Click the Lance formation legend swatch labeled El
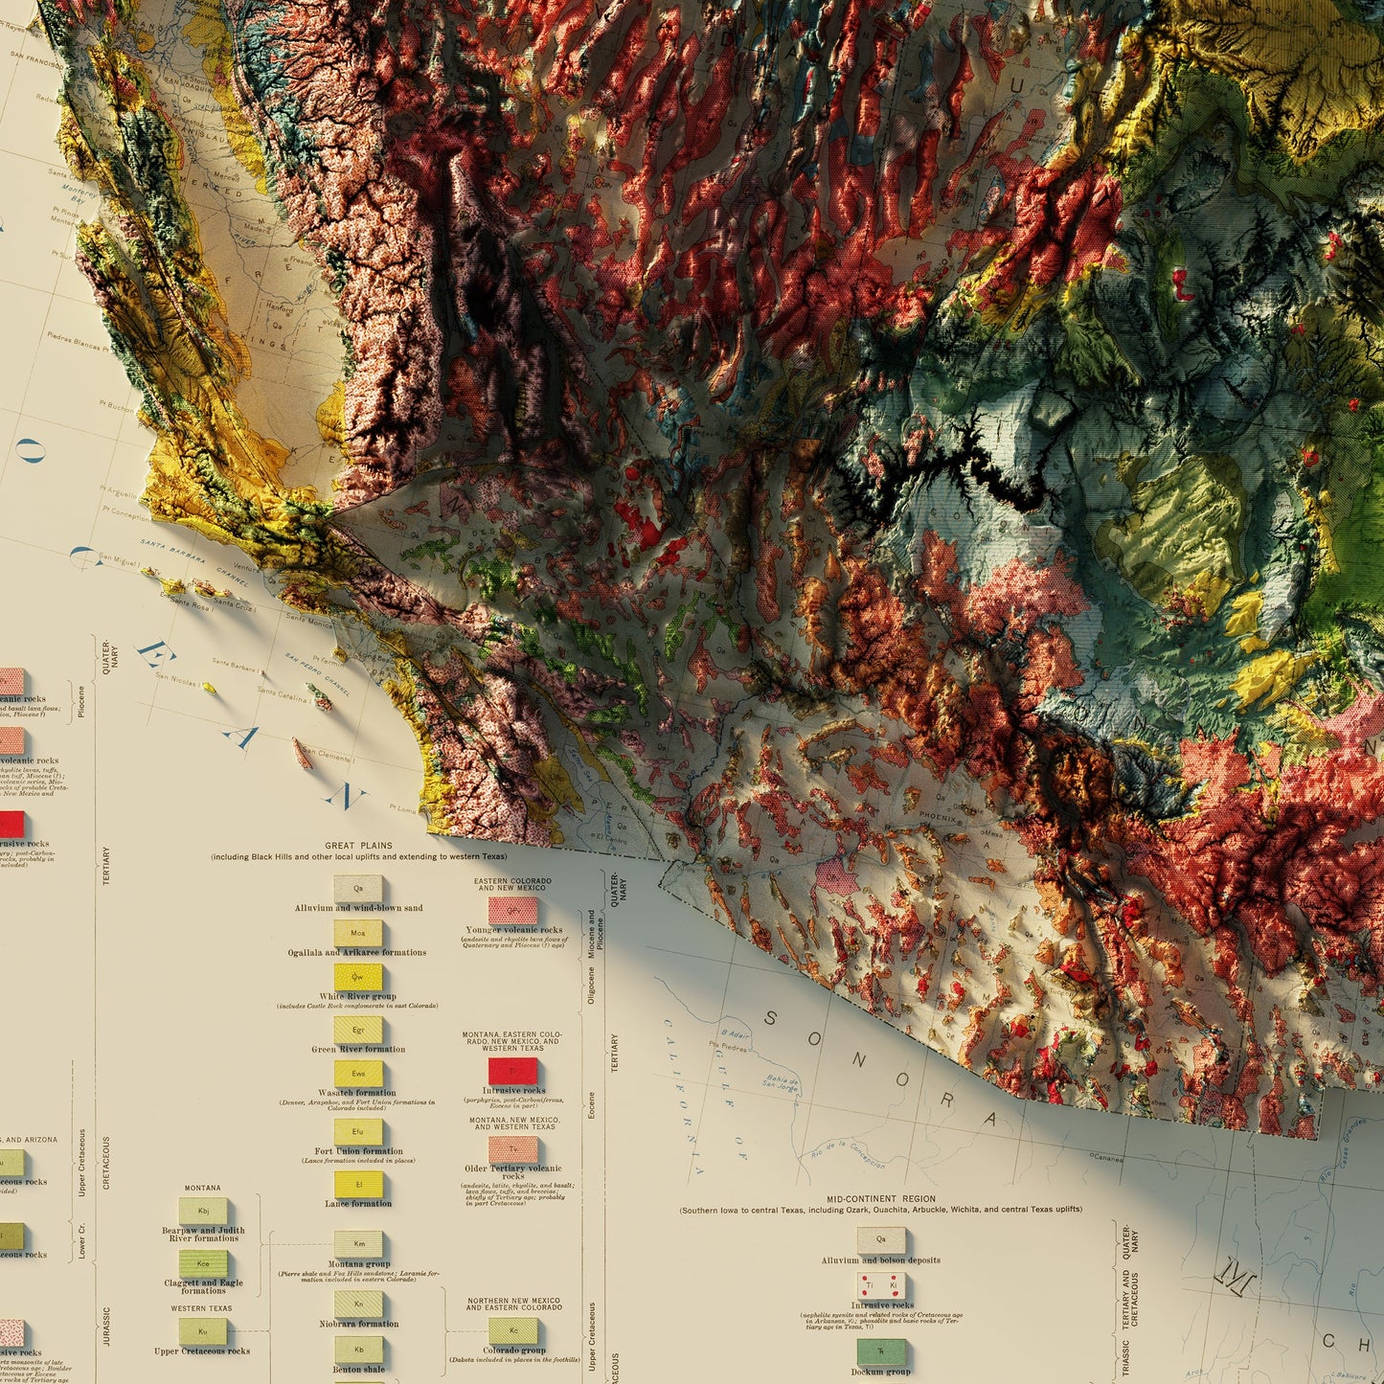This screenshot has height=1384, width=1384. [x=358, y=1185]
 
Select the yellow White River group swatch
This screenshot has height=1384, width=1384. [x=358, y=978]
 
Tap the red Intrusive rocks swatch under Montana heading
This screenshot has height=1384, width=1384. [x=513, y=1071]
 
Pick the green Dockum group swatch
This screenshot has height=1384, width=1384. [x=880, y=1351]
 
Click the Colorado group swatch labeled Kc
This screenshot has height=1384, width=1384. [x=513, y=1331]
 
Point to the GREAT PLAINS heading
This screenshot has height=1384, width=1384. [x=358, y=846]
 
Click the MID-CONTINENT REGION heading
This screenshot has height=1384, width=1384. [x=881, y=1198]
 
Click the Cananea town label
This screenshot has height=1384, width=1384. [x=1106, y=1158]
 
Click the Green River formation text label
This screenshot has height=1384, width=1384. [x=358, y=1049]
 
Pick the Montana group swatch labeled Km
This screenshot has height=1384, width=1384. [x=358, y=1244]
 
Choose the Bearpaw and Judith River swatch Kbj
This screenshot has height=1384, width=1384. [x=204, y=1211]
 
